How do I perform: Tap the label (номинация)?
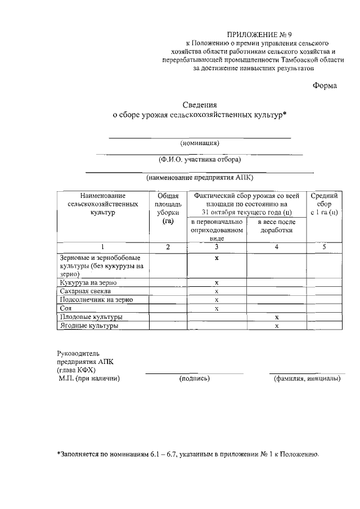tap(200, 142)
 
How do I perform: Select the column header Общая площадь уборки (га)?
tap(167, 209)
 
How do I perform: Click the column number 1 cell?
tap(102, 247)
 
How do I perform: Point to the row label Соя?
tap(65, 308)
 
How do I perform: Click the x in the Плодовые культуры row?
tap(277, 317)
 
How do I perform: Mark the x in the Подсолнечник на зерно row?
tap(217, 300)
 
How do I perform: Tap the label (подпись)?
tap(195, 379)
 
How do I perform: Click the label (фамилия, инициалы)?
tap(307, 379)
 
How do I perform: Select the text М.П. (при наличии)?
tap(89, 379)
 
